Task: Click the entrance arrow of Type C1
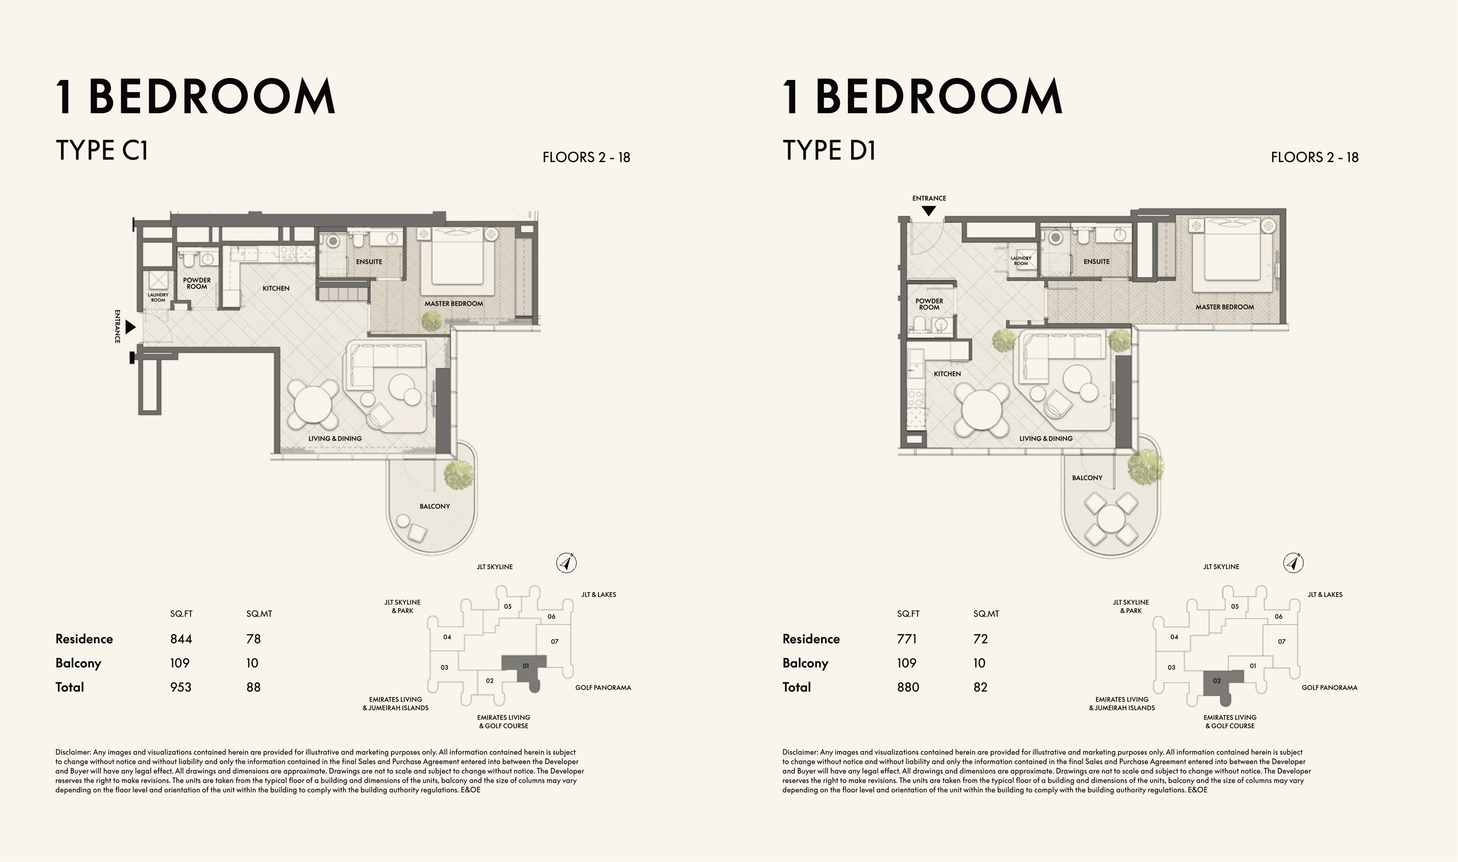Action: pos(131,327)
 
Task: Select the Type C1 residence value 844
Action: pos(181,639)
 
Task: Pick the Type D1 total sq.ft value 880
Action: pos(908,687)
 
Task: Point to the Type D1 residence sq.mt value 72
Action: pos(980,639)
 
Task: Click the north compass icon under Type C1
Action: pos(566,563)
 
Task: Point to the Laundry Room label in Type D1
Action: pos(1021,261)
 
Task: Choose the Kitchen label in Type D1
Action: pos(947,374)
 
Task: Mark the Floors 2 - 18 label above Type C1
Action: pos(586,157)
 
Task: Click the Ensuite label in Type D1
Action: pos(1096,262)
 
